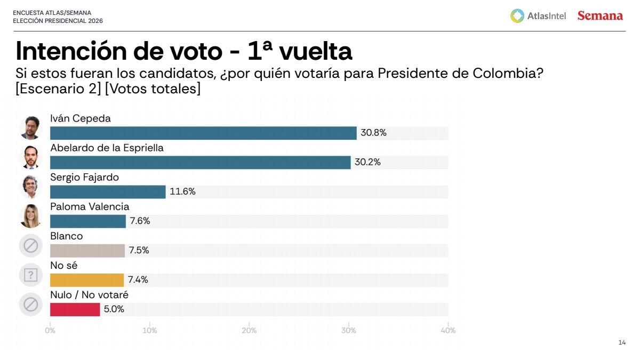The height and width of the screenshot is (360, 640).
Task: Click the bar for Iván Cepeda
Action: tap(203, 133)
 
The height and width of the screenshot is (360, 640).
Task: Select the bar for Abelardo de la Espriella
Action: tap(200, 163)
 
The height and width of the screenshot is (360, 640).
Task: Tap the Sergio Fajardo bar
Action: tap(108, 192)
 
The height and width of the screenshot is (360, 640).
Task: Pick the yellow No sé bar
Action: tap(86, 280)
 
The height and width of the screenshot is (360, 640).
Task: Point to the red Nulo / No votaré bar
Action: tap(75, 309)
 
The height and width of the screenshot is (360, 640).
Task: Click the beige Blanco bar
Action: tap(87, 251)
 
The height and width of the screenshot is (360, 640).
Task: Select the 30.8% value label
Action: tap(373, 133)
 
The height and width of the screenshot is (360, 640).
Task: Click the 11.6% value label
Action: tap(182, 192)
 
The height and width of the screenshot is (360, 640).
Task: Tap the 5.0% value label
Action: tap(114, 309)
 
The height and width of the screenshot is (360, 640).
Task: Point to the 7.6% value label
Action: tap(140, 221)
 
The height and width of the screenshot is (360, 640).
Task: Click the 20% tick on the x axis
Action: tap(249, 331)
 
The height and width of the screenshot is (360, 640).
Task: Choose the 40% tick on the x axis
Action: tap(448, 331)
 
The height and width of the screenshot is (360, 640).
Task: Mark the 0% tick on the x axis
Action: tap(50, 331)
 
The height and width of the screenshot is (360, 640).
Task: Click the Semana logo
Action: tap(600, 16)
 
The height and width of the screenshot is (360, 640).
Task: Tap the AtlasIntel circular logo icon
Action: tap(517, 16)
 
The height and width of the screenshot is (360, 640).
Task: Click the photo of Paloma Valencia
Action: tap(30, 216)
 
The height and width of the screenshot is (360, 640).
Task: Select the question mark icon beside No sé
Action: tap(30, 275)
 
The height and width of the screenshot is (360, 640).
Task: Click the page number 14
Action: tap(622, 342)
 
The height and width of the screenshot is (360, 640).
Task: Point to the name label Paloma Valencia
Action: tap(90, 207)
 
